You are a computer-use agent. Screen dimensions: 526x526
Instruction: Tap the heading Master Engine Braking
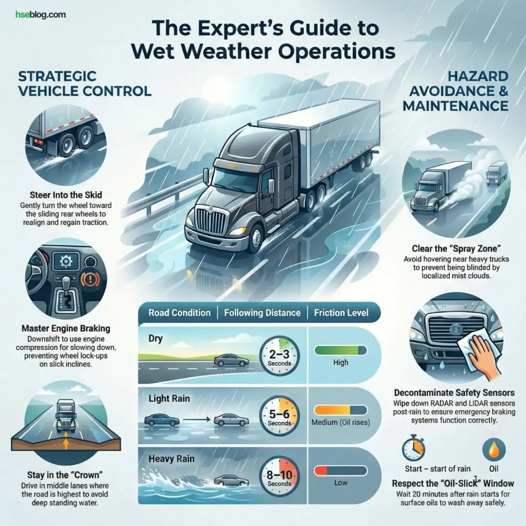[66, 328]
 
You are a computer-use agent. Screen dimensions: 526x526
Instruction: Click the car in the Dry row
[231, 361]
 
